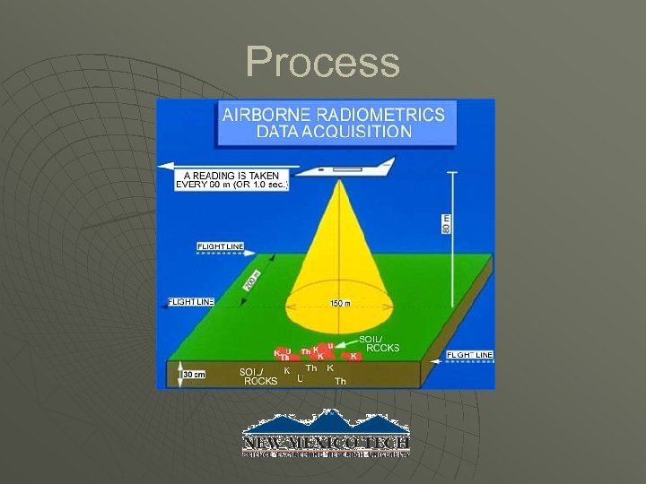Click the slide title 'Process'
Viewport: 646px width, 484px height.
point(322,63)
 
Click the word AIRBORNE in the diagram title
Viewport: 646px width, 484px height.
point(274,114)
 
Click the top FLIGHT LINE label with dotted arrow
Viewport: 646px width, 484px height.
point(220,246)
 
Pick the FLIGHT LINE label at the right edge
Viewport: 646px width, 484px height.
point(469,355)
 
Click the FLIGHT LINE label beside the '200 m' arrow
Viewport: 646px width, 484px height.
point(191,302)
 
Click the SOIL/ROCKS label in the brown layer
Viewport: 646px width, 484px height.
point(260,376)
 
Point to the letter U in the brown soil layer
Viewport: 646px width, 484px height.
point(300,378)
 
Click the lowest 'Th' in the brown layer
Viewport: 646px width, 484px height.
point(340,382)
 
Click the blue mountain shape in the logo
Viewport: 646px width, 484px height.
point(326,422)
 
